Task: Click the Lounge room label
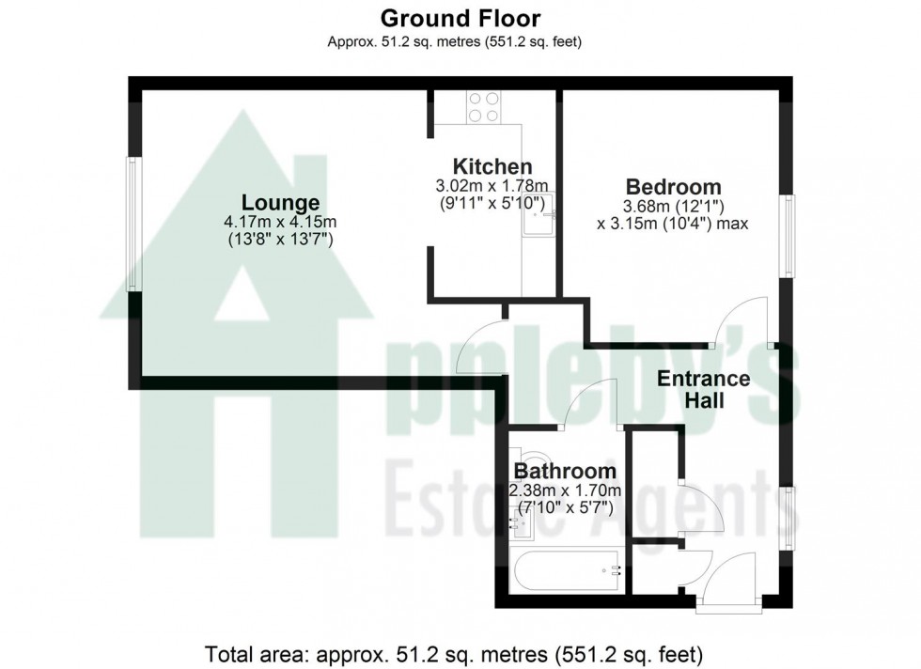tap(280, 203)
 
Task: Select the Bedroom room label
tap(661, 187)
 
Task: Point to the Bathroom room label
tap(565, 471)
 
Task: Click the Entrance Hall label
tap(703, 390)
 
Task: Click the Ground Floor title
tap(460, 17)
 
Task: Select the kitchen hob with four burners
tap(484, 106)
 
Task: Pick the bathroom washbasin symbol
tap(522, 524)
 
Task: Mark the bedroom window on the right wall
tap(790, 236)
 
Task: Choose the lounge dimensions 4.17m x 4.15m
tap(280, 222)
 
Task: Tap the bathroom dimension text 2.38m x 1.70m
tap(565, 490)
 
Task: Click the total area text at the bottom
tap(460, 651)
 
